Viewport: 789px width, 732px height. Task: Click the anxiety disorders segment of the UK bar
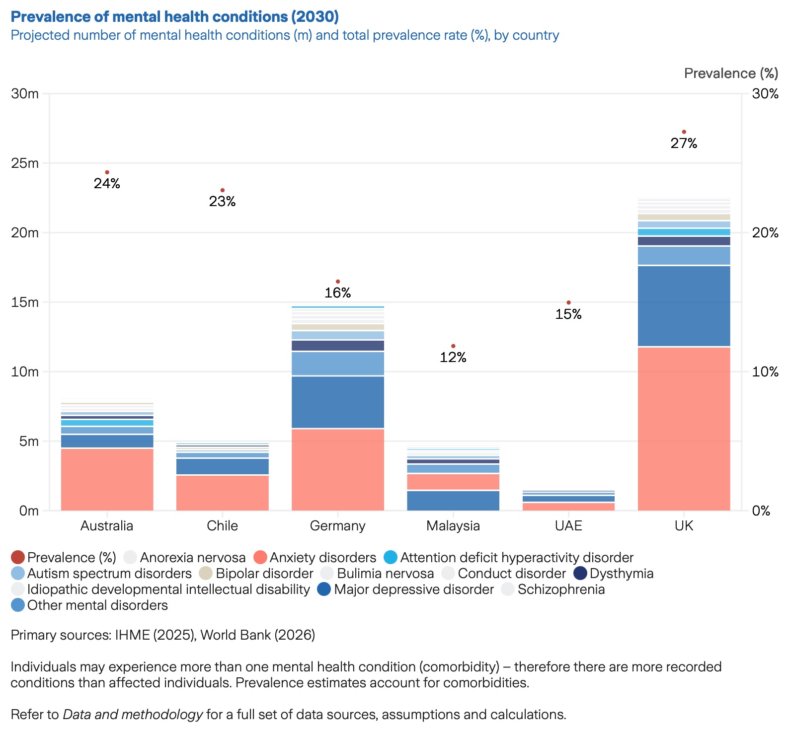pos(684,429)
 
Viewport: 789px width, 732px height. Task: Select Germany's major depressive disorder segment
pos(338,402)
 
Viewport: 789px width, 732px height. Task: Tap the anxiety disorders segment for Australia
pos(107,479)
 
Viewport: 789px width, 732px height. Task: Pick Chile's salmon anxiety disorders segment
pos(222,493)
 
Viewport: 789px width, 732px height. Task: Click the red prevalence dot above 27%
pos(684,132)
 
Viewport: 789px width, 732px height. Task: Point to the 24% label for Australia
pos(107,184)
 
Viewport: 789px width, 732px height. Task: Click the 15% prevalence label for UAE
pos(568,314)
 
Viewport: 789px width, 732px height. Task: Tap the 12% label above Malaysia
pos(453,358)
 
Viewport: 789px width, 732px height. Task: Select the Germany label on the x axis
pos(338,525)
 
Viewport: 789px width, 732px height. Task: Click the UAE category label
pos(568,525)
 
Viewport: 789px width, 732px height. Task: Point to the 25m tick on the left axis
pos(25,163)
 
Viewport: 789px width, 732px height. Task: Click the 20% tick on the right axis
pos(765,233)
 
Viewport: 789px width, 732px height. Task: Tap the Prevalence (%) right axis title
pos(731,73)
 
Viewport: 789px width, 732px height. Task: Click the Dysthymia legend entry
pos(621,574)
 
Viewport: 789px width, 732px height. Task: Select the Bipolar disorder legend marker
pos(205,574)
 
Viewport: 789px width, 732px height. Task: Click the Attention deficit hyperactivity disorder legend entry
pos(516,558)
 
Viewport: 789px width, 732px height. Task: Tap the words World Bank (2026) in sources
pos(258,635)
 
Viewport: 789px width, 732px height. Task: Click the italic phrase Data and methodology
pos(133,715)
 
